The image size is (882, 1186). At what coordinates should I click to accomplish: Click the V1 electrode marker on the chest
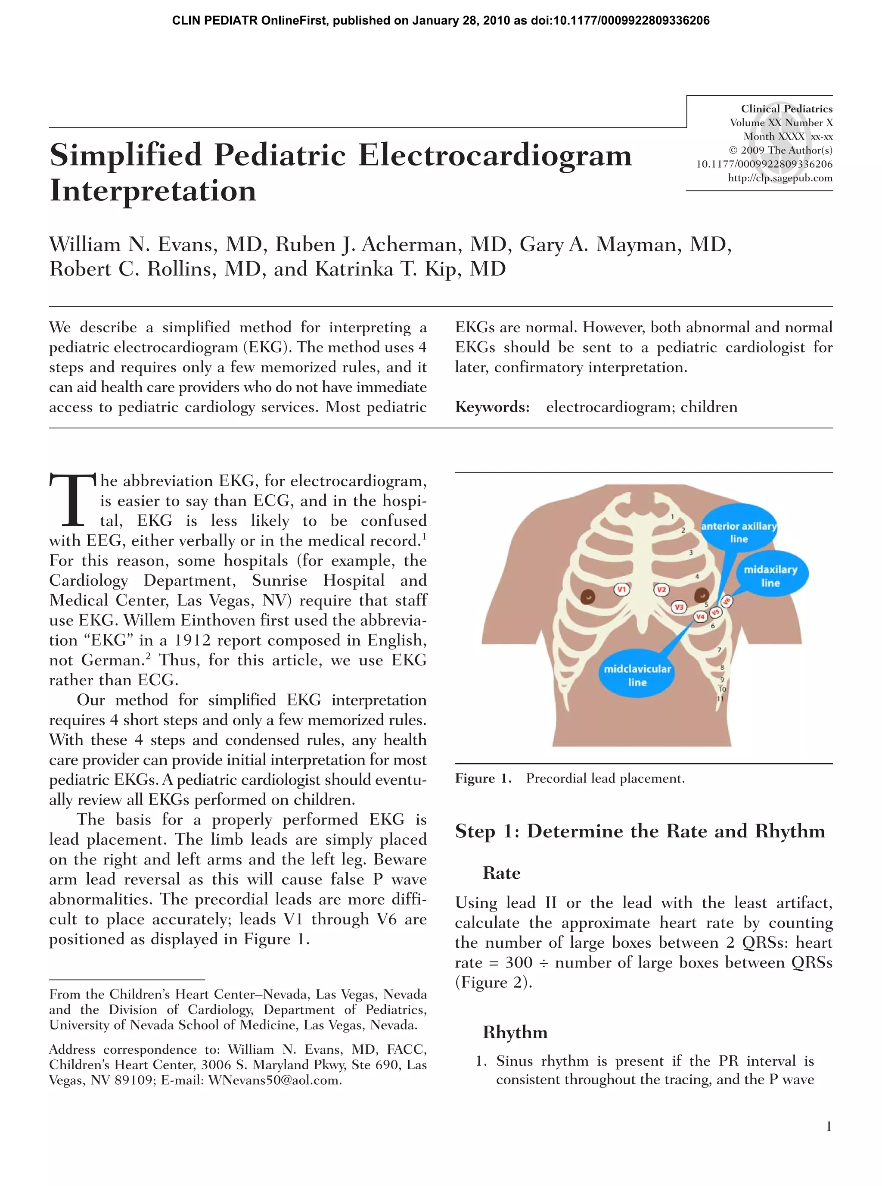[x=621, y=589]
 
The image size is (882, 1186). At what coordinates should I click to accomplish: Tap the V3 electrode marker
[x=679, y=607]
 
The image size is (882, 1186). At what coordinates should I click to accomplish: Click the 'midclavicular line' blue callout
[x=637, y=675]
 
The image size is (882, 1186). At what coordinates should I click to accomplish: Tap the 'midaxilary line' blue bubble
[x=770, y=576]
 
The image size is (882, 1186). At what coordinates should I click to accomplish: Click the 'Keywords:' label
[x=492, y=407]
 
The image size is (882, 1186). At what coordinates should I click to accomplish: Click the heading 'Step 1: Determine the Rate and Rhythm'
[x=640, y=831]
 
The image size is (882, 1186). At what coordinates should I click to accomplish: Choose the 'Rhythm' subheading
[x=515, y=1032]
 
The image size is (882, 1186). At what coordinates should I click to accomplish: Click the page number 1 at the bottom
[x=829, y=1127]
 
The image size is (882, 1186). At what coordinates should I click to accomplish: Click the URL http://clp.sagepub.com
[x=780, y=178]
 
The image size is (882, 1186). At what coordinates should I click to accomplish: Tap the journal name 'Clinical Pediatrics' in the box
[x=786, y=109]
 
